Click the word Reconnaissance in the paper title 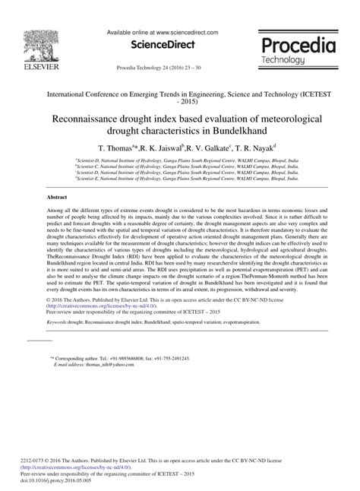pyautogui.click(x=93, y=119)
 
